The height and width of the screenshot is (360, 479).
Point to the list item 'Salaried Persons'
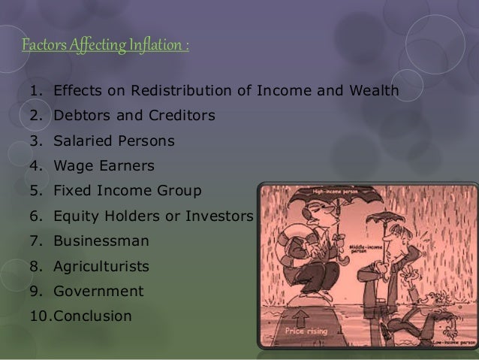coord(113,141)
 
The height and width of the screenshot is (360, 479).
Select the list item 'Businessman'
coord(101,241)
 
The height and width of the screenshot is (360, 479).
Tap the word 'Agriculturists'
coord(101,266)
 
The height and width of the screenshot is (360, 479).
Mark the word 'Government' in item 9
coord(98,291)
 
